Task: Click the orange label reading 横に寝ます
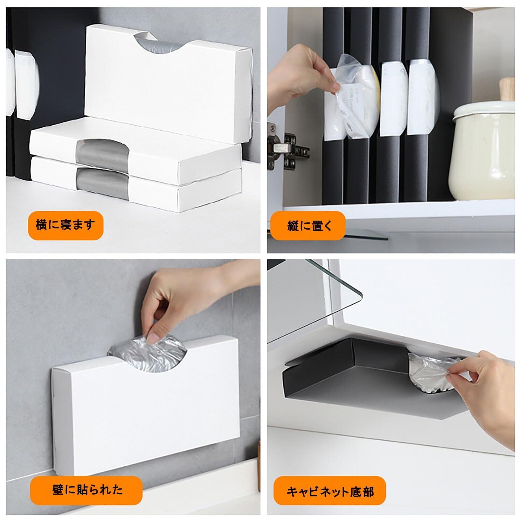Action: [x=65, y=225]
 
